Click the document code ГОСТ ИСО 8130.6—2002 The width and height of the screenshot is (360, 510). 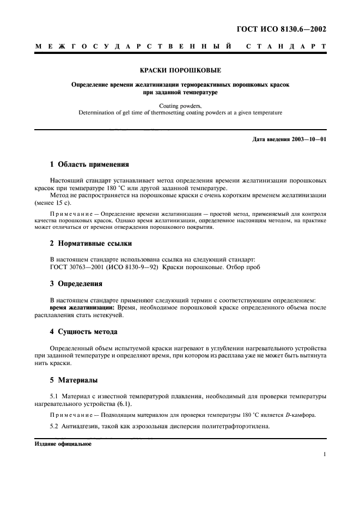[x=283, y=30]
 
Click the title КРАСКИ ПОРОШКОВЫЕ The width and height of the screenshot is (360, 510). [x=180, y=70]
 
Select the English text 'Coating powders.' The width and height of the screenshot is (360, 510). [x=180, y=106]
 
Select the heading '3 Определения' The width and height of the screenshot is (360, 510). [x=76, y=284]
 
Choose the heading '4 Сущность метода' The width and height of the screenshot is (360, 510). [x=83, y=332]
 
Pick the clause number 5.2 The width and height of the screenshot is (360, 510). [x=54, y=427]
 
